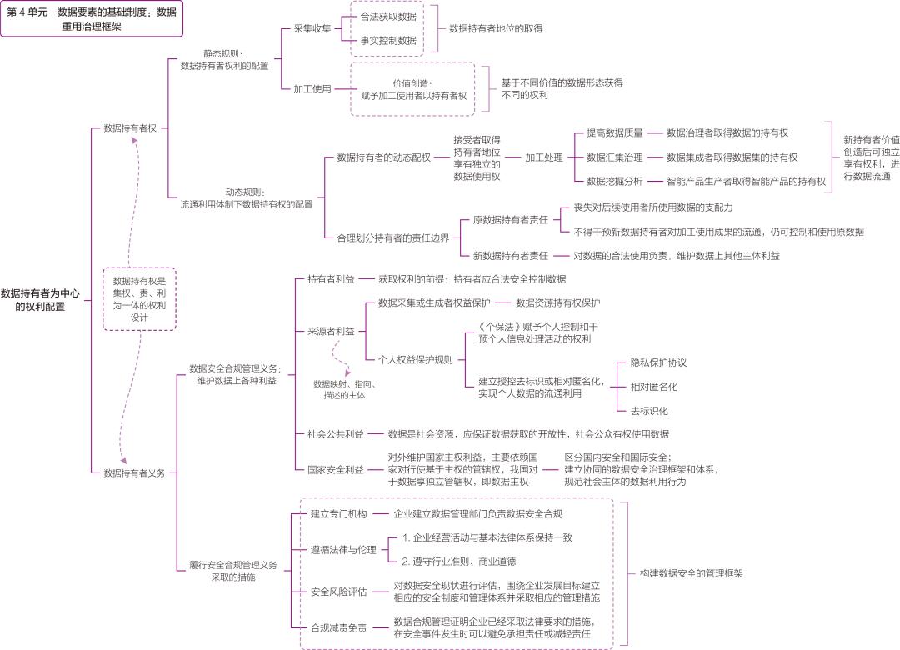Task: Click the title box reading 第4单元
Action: pos(90,18)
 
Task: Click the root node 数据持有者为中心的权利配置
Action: pos(40,299)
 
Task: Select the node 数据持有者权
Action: pos(130,128)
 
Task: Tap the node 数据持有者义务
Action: pos(134,472)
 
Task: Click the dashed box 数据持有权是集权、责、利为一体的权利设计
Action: pos(139,298)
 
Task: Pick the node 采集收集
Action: pos(312,28)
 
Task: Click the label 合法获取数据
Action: pos(387,17)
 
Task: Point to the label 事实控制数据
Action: pos(387,40)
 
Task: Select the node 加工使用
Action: pos(312,89)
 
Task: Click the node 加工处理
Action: pos(543,157)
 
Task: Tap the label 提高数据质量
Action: pos(614,132)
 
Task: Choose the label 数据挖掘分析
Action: pos(614,181)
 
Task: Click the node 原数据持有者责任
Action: pos(510,219)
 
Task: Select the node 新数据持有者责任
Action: pos(510,256)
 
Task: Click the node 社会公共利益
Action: pos(335,434)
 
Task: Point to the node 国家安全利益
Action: pos(335,469)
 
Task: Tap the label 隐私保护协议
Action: pos(658,362)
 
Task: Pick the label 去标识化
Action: pos(648,411)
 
